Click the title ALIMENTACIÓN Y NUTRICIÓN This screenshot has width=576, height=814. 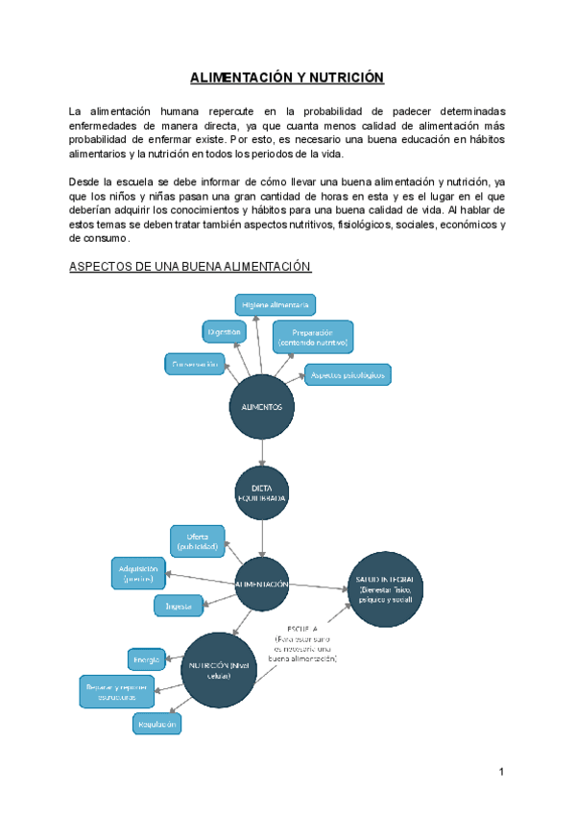tap(286, 77)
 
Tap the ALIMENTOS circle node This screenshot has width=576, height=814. tap(261, 407)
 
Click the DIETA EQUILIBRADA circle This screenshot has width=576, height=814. tap(261, 493)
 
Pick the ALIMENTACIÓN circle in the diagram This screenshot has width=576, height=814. tap(261, 584)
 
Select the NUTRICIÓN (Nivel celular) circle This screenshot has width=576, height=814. tap(221, 670)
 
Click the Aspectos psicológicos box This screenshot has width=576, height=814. tap(348, 374)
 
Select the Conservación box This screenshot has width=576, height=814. tap(196, 365)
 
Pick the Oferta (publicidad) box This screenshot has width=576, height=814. tap(198, 540)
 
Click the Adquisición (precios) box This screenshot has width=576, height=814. tap(139, 573)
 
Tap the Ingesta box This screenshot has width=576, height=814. tap(180, 606)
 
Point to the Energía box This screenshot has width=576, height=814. tap(145, 659)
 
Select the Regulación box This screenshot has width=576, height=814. tap(156, 725)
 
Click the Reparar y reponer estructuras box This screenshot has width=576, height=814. tap(116, 692)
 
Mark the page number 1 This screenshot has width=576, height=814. tap(501, 772)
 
